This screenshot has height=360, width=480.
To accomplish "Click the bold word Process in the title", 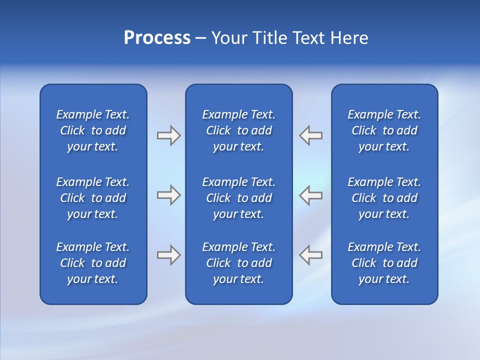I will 157,38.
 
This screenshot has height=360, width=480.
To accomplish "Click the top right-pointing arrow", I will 168,135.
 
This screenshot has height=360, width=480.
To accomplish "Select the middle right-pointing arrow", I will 168,195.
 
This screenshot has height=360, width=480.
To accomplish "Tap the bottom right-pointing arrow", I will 168,255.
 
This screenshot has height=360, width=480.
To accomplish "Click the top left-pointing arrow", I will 310,135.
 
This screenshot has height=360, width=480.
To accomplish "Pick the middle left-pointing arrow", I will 310,195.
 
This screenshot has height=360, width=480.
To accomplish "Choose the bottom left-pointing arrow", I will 310,255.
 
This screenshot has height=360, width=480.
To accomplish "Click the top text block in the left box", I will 93,130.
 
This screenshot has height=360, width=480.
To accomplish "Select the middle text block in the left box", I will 93,198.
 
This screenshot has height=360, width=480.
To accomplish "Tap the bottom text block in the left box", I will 93,263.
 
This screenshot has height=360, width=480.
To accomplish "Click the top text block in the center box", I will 239,130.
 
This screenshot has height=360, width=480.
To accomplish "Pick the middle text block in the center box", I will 239,198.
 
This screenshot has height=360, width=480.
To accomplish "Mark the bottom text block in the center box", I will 239,263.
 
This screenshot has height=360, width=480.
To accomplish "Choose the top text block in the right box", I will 384,130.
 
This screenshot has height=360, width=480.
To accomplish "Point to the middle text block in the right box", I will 384,198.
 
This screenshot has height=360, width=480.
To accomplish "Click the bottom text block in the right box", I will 384,263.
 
